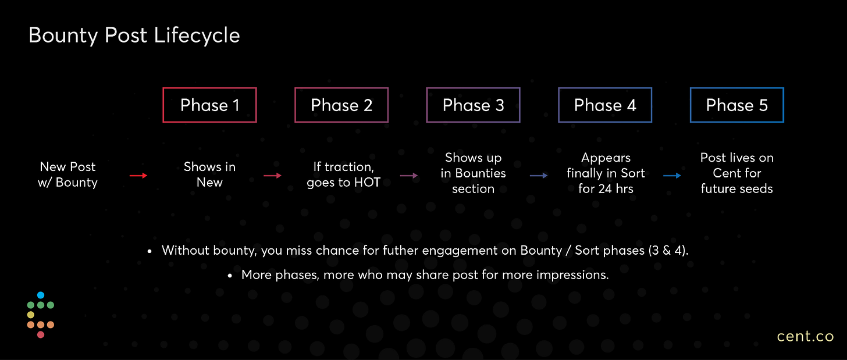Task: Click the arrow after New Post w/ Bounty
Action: coord(138,176)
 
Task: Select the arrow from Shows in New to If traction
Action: coord(273,176)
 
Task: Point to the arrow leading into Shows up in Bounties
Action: coord(409,176)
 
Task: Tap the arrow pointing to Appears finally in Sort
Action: coord(539,176)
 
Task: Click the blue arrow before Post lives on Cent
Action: coord(672,176)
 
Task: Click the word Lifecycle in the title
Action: coord(197,36)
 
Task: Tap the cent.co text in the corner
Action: coord(805,336)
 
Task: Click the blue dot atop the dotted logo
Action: coord(41,295)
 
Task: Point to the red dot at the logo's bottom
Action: coord(41,334)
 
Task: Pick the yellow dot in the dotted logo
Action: coord(31,315)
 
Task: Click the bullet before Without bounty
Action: coord(150,251)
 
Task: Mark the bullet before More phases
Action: coord(230,276)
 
